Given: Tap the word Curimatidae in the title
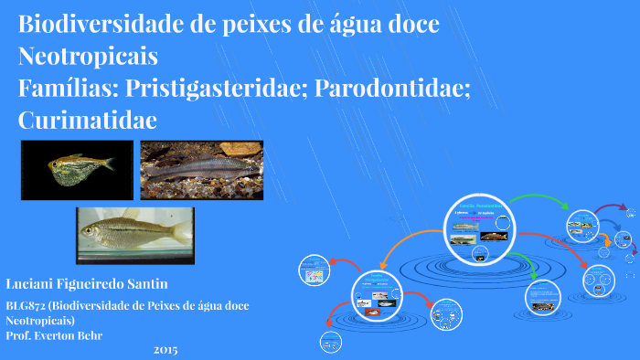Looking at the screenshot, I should pos(88,120).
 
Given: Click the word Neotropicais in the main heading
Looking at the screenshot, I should pos(88,57).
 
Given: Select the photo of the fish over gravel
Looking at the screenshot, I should pos(201,171).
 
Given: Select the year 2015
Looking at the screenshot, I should pos(165,350).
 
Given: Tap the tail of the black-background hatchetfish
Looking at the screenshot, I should pos(106,164).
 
